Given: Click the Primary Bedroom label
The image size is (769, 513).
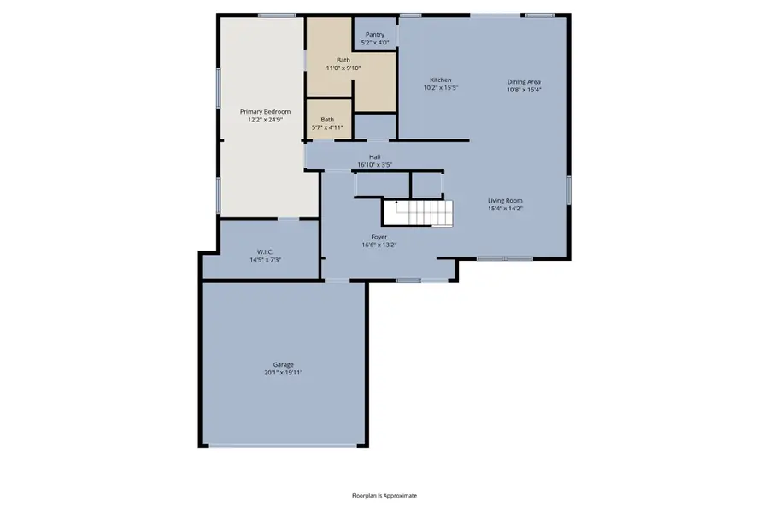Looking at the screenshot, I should (265, 112).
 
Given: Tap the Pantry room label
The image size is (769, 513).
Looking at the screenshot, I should (374, 35).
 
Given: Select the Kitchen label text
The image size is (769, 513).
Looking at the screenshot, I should (440, 80).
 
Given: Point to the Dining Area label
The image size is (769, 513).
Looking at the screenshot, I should (524, 82).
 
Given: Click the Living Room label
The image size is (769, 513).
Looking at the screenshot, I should (505, 200).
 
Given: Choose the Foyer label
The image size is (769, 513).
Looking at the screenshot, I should (379, 237).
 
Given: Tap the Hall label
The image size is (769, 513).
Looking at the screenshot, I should (374, 157).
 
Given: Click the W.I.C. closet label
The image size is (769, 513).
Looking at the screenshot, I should (265, 251).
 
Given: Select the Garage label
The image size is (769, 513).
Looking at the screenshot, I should (284, 364).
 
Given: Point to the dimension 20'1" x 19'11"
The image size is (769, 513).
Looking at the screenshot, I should (284, 373).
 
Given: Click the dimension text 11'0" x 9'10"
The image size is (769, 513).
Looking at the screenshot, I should (343, 68).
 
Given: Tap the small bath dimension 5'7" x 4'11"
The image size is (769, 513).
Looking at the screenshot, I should (326, 127).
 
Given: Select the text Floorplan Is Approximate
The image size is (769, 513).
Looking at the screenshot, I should (384, 495).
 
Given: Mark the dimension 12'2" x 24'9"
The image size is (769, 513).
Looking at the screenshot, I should (265, 120).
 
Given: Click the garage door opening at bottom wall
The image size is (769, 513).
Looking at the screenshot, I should (285, 445).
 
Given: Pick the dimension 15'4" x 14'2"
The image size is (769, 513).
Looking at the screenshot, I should (505, 208).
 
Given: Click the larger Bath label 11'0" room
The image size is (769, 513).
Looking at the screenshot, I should (343, 60).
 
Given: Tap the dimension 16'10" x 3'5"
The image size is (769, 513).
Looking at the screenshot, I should (374, 165).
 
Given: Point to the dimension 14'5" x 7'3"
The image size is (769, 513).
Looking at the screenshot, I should (265, 259).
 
